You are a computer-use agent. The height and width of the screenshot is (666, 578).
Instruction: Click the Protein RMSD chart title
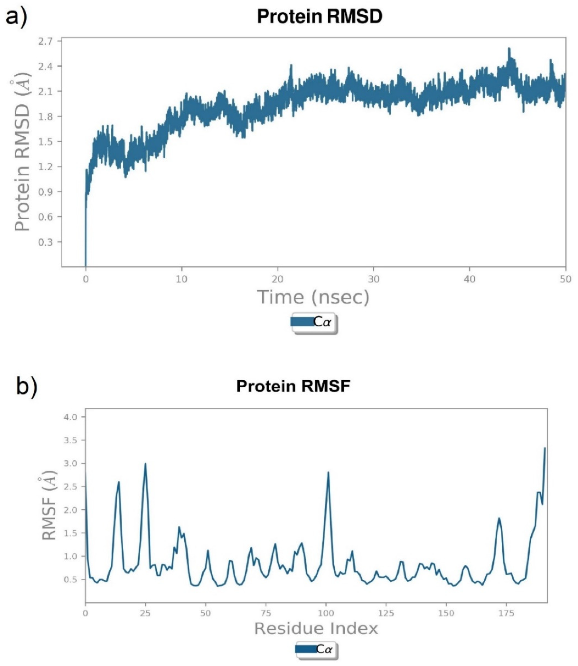coord(319,17)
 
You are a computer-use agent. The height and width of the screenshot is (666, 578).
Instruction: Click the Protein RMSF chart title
coord(293,386)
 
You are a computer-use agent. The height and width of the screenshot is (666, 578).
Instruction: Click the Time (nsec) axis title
coord(313,297)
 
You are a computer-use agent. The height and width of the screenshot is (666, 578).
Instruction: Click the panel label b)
coord(27,387)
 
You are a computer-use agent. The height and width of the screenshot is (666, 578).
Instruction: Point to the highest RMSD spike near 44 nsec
coord(509,49)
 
